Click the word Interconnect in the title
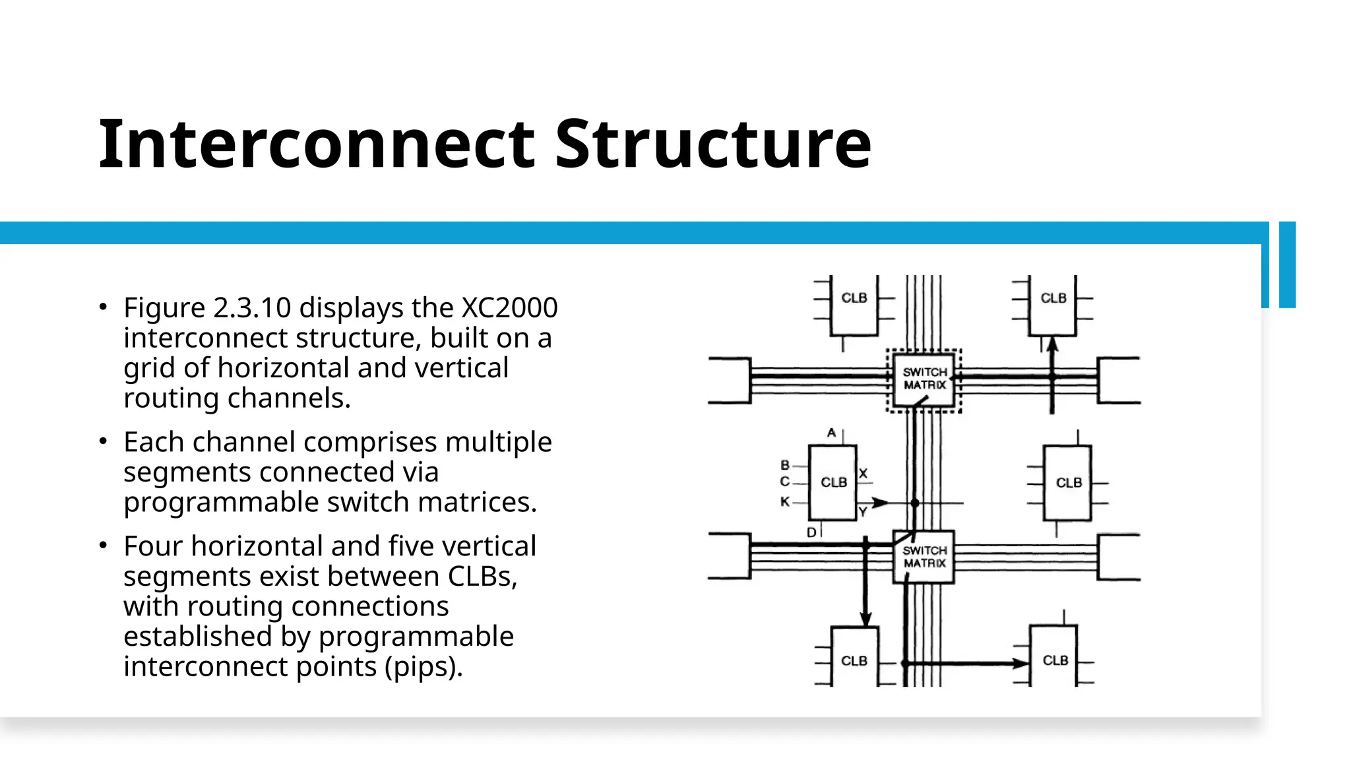[x=317, y=144]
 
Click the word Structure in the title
[x=713, y=144]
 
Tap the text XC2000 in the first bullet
[x=509, y=307]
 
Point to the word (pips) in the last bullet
[x=424, y=666]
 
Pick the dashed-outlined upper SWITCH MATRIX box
[x=924, y=380]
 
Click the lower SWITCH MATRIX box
[x=924, y=557]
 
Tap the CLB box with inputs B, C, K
[x=833, y=482]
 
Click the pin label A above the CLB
[x=831, y=433]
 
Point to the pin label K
[x=785, y=501]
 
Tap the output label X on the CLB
[x=864, y=473]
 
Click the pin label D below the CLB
[x=811, y=532]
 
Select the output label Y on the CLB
[x=863, y=511]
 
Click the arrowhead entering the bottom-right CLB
[x=1022, y=663]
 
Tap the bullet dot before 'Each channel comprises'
[x=103, y=441]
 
